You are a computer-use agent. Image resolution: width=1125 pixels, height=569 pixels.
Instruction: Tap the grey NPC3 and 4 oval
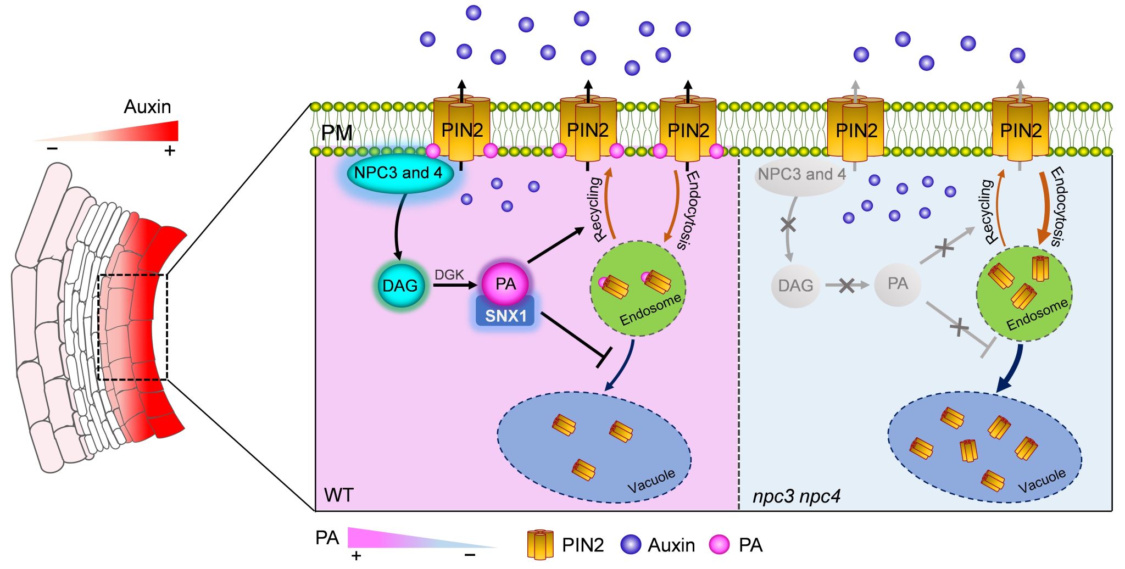coord(801,175)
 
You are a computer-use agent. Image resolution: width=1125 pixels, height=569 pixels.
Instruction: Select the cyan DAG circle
coord(400,286)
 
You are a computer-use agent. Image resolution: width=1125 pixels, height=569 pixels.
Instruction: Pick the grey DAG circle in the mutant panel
coord(795,286)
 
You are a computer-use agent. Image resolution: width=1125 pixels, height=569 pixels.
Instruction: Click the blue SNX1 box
coord(505,316)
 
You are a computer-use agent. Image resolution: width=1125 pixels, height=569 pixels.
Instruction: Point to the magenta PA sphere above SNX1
coord(505,283)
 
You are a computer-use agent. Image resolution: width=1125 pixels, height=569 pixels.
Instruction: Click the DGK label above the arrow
coord(449,275)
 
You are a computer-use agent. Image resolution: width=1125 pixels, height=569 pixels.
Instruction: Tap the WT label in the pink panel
coord(338,495)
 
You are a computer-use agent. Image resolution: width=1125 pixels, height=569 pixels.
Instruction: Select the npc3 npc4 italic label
coord(796,497)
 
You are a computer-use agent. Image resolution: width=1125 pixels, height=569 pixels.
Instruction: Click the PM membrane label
coord(336,133)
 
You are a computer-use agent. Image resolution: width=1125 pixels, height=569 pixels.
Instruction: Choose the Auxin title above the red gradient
coord(147,107)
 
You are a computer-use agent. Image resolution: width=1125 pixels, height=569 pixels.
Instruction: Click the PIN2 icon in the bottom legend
coord(540,544)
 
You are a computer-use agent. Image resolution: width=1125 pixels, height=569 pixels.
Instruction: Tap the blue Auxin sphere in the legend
coord(631,544)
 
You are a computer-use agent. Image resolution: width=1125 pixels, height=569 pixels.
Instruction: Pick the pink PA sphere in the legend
coord(720,544)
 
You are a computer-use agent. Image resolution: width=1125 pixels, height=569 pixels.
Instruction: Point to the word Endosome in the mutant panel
coord(1037,315)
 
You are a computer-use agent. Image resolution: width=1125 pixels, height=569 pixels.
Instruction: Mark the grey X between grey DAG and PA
coord(846,285)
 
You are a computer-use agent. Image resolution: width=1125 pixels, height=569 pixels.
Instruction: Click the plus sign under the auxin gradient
coord(170,150)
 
